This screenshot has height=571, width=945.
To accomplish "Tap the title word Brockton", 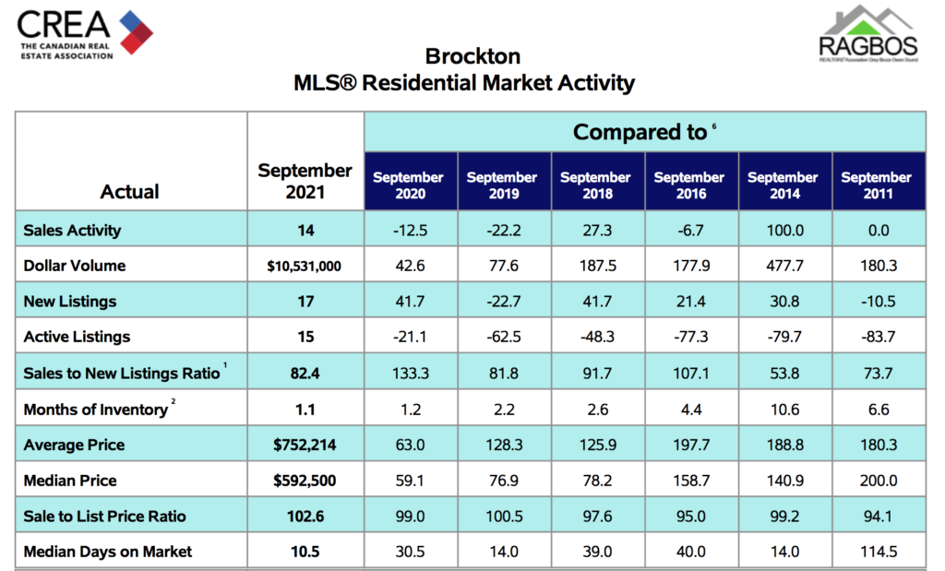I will point(472,56).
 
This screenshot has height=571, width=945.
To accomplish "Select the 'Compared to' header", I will point(640,132).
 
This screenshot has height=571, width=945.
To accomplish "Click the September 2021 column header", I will point(305,180).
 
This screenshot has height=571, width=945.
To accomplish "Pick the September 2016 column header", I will point(688,185).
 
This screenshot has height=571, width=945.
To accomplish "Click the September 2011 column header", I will point(876,185).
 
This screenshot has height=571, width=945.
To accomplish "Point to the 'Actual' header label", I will point(129,192).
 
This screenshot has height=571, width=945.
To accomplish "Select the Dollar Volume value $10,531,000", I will point(305,266).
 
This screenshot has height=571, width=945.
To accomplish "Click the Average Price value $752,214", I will point(305,445).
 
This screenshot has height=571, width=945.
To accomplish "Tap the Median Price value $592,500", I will point(305,481).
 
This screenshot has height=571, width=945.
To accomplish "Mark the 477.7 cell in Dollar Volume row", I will point(783,266).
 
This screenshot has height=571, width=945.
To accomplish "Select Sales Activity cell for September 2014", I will point(783,230).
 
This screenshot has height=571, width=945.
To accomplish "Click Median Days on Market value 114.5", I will point(876,552).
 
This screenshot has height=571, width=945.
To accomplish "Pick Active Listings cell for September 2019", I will point(501,337).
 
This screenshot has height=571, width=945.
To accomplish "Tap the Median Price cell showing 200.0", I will point(876,481).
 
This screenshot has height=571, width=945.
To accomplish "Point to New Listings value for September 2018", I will point(595,302).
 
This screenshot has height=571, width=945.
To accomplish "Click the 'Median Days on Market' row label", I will point(108,552).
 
